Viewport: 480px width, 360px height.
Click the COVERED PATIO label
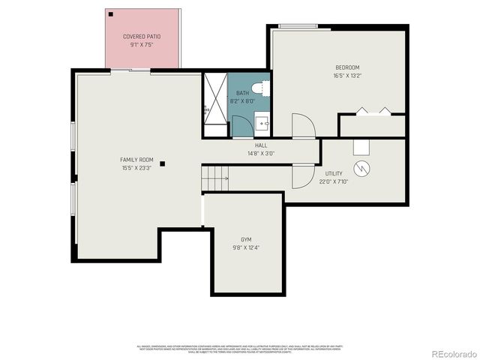click(x=142, y=36)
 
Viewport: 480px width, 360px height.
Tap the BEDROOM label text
click(x=347, y=67)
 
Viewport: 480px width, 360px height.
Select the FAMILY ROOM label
click(x=136, y=160)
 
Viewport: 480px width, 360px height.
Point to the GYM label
click(x=245, y=239)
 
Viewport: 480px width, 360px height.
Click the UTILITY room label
click(x=334, y=173)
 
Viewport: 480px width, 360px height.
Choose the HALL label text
click(x=261, y=145)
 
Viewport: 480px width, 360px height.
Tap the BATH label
click(x=242, y=93)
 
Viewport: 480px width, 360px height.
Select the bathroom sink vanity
click(x=262, y=122)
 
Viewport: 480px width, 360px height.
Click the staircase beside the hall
click(x=216, y=178)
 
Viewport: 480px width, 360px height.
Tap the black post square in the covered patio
click(x=110, y=14)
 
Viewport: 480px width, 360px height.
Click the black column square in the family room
click(x=161, y=164)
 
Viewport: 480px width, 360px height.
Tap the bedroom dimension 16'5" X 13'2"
click(x=347, y=76)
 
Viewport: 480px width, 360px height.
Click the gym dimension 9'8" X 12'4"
click(x=245, y=247)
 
